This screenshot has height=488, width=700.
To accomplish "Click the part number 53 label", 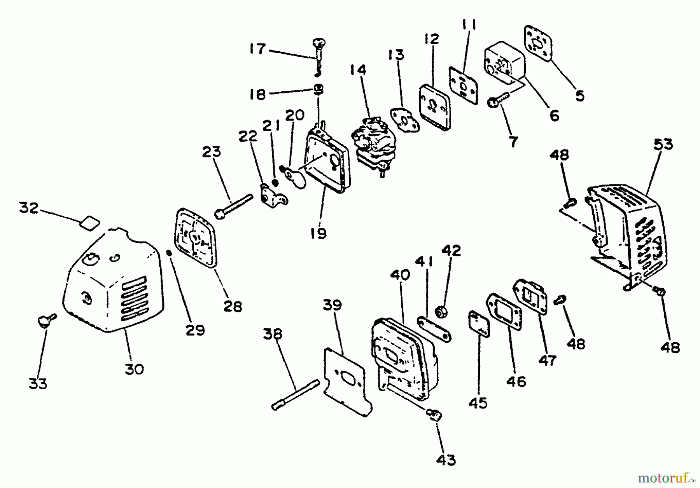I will coord(663,144).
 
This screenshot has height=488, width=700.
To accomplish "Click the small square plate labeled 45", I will coord(479,323).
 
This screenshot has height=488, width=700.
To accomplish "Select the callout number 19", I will coord(318,233).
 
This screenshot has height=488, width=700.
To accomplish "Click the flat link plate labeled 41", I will coord(434,329).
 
